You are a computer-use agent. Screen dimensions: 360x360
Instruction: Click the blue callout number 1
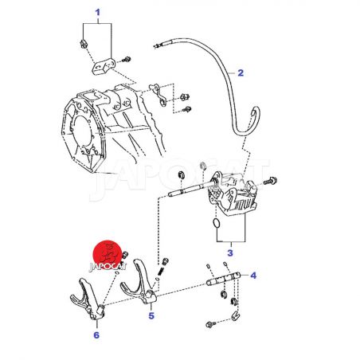98,12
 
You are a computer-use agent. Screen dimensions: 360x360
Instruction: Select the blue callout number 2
241,72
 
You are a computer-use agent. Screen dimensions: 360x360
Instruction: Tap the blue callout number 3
230,252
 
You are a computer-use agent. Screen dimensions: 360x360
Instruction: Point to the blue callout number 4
253,276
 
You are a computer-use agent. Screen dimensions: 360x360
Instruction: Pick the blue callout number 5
151,315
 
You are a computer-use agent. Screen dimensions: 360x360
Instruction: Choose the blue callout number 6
96,335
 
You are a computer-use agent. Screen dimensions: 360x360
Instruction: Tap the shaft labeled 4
223,278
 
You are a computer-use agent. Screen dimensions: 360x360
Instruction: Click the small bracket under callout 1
104,66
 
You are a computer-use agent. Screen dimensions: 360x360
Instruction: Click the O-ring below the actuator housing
217,223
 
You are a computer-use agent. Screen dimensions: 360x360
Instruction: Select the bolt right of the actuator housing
271,182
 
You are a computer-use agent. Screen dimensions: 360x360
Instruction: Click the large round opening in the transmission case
82,131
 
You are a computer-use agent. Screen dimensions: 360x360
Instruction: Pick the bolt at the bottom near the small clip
211,324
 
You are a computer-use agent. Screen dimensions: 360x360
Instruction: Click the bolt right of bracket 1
126,60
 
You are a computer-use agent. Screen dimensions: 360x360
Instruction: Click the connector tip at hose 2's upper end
158,45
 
